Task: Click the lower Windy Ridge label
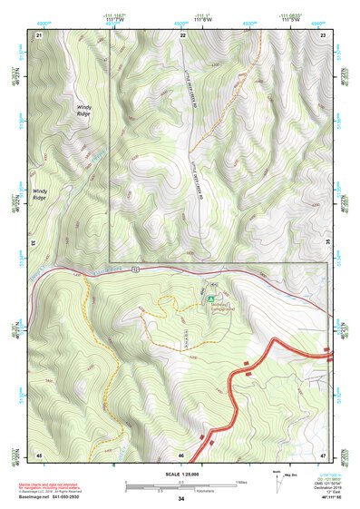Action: click(x=42, y=194)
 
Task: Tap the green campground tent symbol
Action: click(x=210, y=297)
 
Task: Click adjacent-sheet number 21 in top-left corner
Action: click(x=39, y=34)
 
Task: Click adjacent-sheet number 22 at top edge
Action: click(x=182, y=34)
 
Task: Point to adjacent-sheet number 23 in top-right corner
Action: click(x=324, y=34)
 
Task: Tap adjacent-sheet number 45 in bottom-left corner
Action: click(x=39, y=454)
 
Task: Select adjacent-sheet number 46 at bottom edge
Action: click(x=181, y=454)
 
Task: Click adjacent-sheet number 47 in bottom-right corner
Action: click(x=323, y=454)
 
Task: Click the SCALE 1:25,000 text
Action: click(x=180, y=473)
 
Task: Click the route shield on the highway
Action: click(x=136, y=269)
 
